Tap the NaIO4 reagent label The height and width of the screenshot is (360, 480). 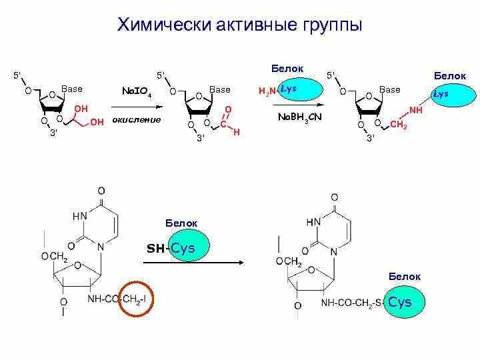click(137, 91)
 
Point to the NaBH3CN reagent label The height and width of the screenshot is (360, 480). click(299, 118)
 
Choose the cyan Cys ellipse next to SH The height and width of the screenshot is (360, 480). click(189, 248)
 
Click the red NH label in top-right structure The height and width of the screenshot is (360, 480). click(416, 109)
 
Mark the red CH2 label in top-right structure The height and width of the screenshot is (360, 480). click(398, 125)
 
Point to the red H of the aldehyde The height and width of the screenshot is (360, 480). click(236, 133)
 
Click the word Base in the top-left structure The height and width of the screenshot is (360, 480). click(72, 89)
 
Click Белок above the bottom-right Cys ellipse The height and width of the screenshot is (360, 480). click(405, 276)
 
